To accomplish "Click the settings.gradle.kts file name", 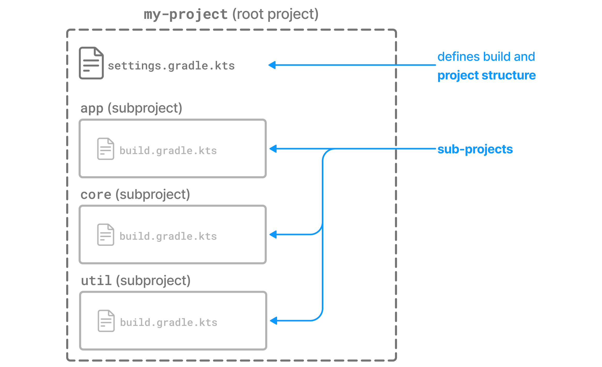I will [x=171, y=66].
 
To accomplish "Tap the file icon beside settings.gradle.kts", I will [x=91, y=63].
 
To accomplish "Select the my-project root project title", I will [x=231, y=14].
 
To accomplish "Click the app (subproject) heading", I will [x=131, y=108].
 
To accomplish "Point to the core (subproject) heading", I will [x=135, y=195].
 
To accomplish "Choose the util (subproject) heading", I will [x=135, y=281].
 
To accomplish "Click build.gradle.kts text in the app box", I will [x=168, y=151].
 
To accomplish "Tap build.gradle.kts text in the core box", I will [x=168, y=236].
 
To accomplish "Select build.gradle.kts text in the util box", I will [x=169, y=323].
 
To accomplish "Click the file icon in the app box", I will [x=105, y=149].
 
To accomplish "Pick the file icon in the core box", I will [x=105, y=235].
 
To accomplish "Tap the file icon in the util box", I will [x=106, y=321].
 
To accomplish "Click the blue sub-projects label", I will [x=475, y=149].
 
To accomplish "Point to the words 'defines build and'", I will [x=486, y=57].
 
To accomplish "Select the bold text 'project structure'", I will [x=486, y=75].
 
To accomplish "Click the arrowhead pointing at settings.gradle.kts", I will [x=272, y=65].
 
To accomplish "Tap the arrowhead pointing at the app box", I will [x=273, y=149].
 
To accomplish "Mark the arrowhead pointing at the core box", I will [x=273, y=234].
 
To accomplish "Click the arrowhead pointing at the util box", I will [x=274, y=321].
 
